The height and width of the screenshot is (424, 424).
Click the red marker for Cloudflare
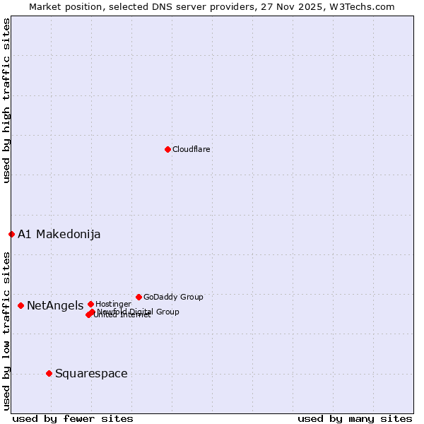(x=167, y=149)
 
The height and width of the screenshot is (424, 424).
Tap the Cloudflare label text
(x=192, y=149)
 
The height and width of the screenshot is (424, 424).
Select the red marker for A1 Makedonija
(x=11, y=234)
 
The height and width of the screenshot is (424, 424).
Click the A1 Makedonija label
(x=59, y=235)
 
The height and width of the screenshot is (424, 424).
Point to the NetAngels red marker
(x=21, y=305)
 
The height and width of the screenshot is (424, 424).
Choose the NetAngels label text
(x=55, y=306)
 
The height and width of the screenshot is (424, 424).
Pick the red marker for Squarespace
(x=49, y=373)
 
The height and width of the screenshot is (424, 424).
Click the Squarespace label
(x=91, y=374)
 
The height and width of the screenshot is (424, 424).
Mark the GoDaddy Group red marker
(x=139, y=297)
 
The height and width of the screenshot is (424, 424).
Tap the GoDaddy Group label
(x=173, y=297)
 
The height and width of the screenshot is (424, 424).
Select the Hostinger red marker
(x=90, y=304)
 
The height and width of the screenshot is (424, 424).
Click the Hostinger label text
(x=113, y=304)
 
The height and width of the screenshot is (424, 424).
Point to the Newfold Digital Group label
(x=139, y=312)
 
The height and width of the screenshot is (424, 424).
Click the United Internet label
(x=123, y=315)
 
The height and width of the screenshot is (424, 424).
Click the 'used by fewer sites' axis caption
(x=73, y=418)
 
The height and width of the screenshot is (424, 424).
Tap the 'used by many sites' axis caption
(x=355, y=418)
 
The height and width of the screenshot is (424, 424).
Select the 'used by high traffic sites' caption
(x=6, y=100)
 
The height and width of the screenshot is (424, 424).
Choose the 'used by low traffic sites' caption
(x=6, y=329)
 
